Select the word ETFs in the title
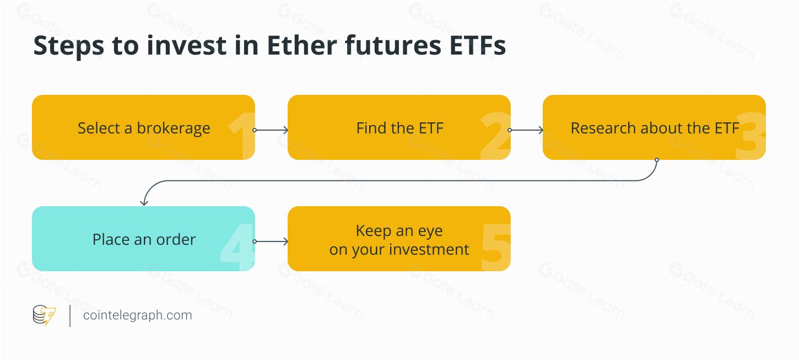point(478,45)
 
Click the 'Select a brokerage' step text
point(144,128)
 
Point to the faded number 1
point(242,136)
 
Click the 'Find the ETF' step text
point(399,128)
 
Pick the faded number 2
point(496,136)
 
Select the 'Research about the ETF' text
point(655,128)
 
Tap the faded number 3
point(751,136)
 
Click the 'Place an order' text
point(144,239)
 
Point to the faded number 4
point(237,247)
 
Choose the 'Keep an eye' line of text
point(399,231)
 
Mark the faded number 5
point(496,247)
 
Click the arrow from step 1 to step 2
point(271,130)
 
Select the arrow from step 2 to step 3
point(526,130)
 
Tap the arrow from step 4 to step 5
point(271,241)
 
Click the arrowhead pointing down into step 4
point(144,203)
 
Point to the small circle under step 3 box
point(657,160)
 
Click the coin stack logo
point(44,315)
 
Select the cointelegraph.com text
point(137,315)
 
